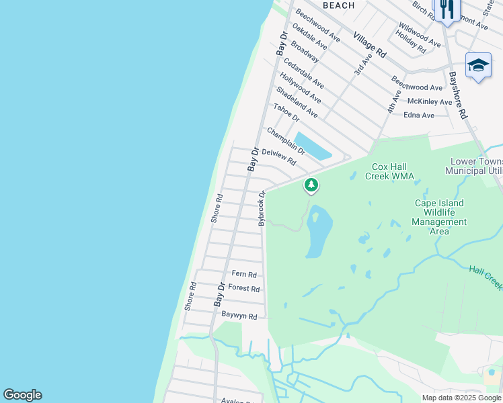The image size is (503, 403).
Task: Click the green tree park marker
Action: pyautogui.click(x=311, y=184)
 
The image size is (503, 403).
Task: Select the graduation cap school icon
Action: pyautogui.click(x=477, y=65)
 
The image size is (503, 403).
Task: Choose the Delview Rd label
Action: pyautogui.click(x=278, y=156)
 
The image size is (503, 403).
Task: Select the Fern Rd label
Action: pyautogui.click(x=244, y=274)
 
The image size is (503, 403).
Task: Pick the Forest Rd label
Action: pyautogui.click(x=243, y=288)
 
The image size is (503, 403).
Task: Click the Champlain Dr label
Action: pyautogui.click(x=285, y=141)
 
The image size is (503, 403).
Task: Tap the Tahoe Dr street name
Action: pyautogui.click(x=286, y=113)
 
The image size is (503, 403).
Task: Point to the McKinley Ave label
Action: pyautogui.click(x=430, y=101)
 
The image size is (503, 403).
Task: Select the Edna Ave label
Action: pyautogui.click(x=419, y=116)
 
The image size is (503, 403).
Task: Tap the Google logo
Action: pyautogui.click(x=22, y=395)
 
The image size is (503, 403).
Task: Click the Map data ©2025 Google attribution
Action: pyautogui.click(x=461, y=398)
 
